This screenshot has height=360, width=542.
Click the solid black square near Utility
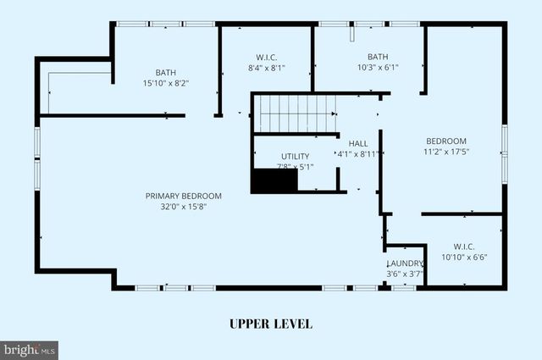coord(274,181)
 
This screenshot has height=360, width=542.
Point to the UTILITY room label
coord(296,156)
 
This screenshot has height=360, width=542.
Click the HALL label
coord(358,144)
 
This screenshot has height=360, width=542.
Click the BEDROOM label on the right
coord(445,141)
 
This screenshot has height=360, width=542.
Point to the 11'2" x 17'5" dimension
coord(445,152)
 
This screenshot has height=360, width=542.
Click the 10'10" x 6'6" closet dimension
coord(464,257)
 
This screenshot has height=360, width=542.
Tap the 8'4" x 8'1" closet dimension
coord(267,67)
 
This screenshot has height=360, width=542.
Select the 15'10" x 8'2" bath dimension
coord(165,83)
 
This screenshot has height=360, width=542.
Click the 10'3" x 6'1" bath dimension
coord(378,67)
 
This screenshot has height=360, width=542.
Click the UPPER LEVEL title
coord(271,324)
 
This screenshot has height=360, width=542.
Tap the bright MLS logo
coord(30,348)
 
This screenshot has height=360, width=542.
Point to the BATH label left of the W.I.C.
coord(165,72)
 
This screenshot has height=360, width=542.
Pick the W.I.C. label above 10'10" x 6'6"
coord(464,246)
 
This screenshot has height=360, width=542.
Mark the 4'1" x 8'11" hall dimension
coord(358,154)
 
